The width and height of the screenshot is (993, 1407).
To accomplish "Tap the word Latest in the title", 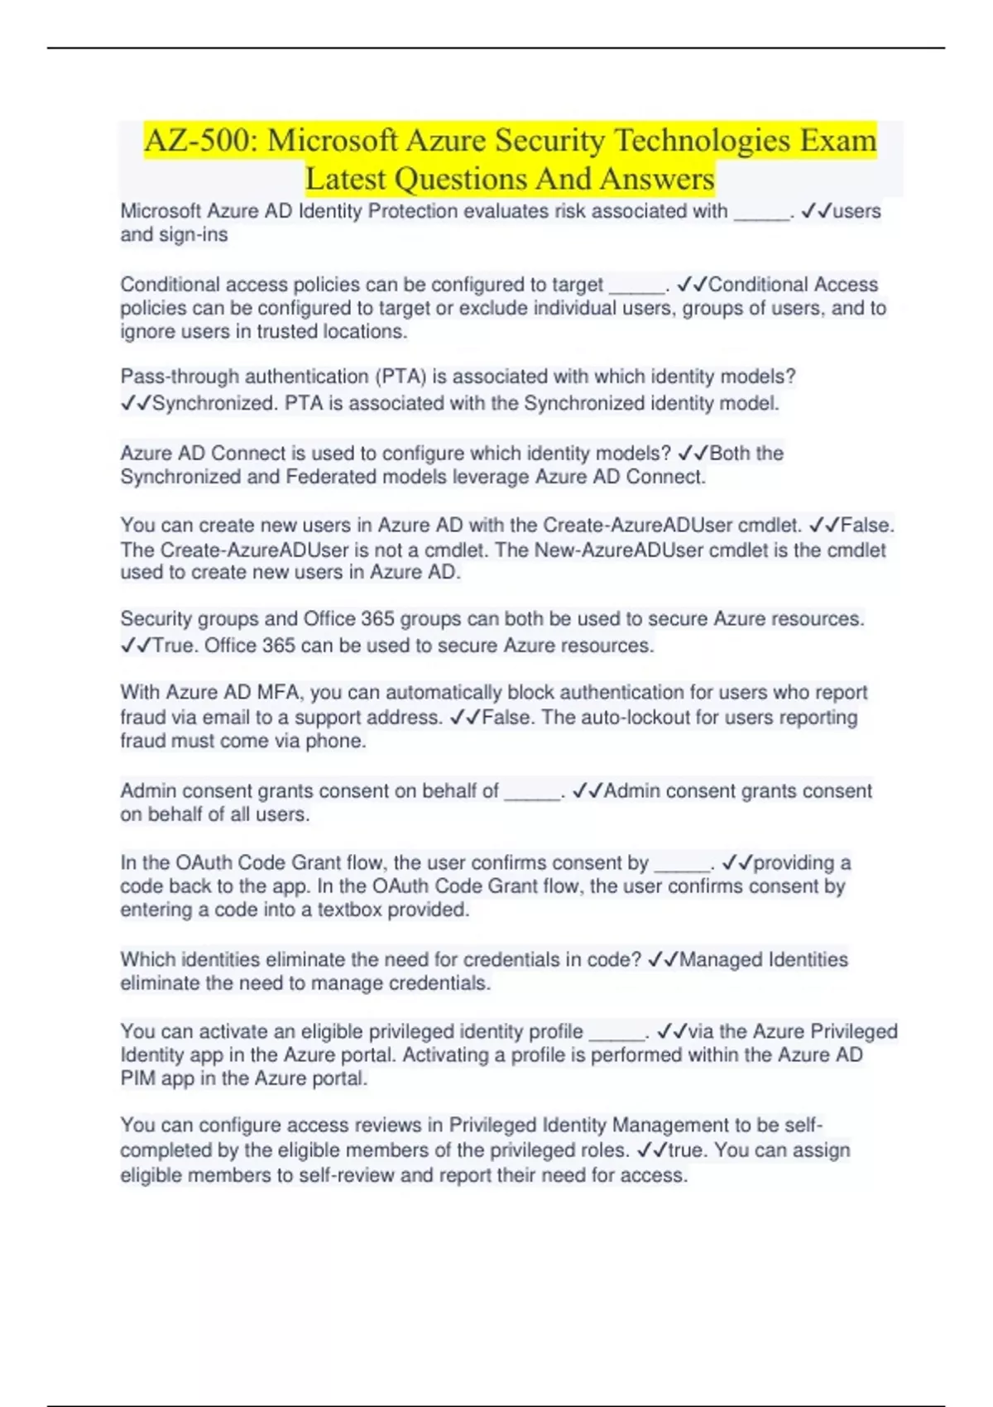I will coord(346,179).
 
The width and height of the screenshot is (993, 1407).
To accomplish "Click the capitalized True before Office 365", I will coord(174,646).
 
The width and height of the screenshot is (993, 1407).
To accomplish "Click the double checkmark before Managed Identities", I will coord(663,960).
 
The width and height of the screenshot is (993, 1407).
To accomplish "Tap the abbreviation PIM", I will coord(138,1079).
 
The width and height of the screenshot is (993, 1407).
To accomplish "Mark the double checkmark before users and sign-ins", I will coord(816,212).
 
